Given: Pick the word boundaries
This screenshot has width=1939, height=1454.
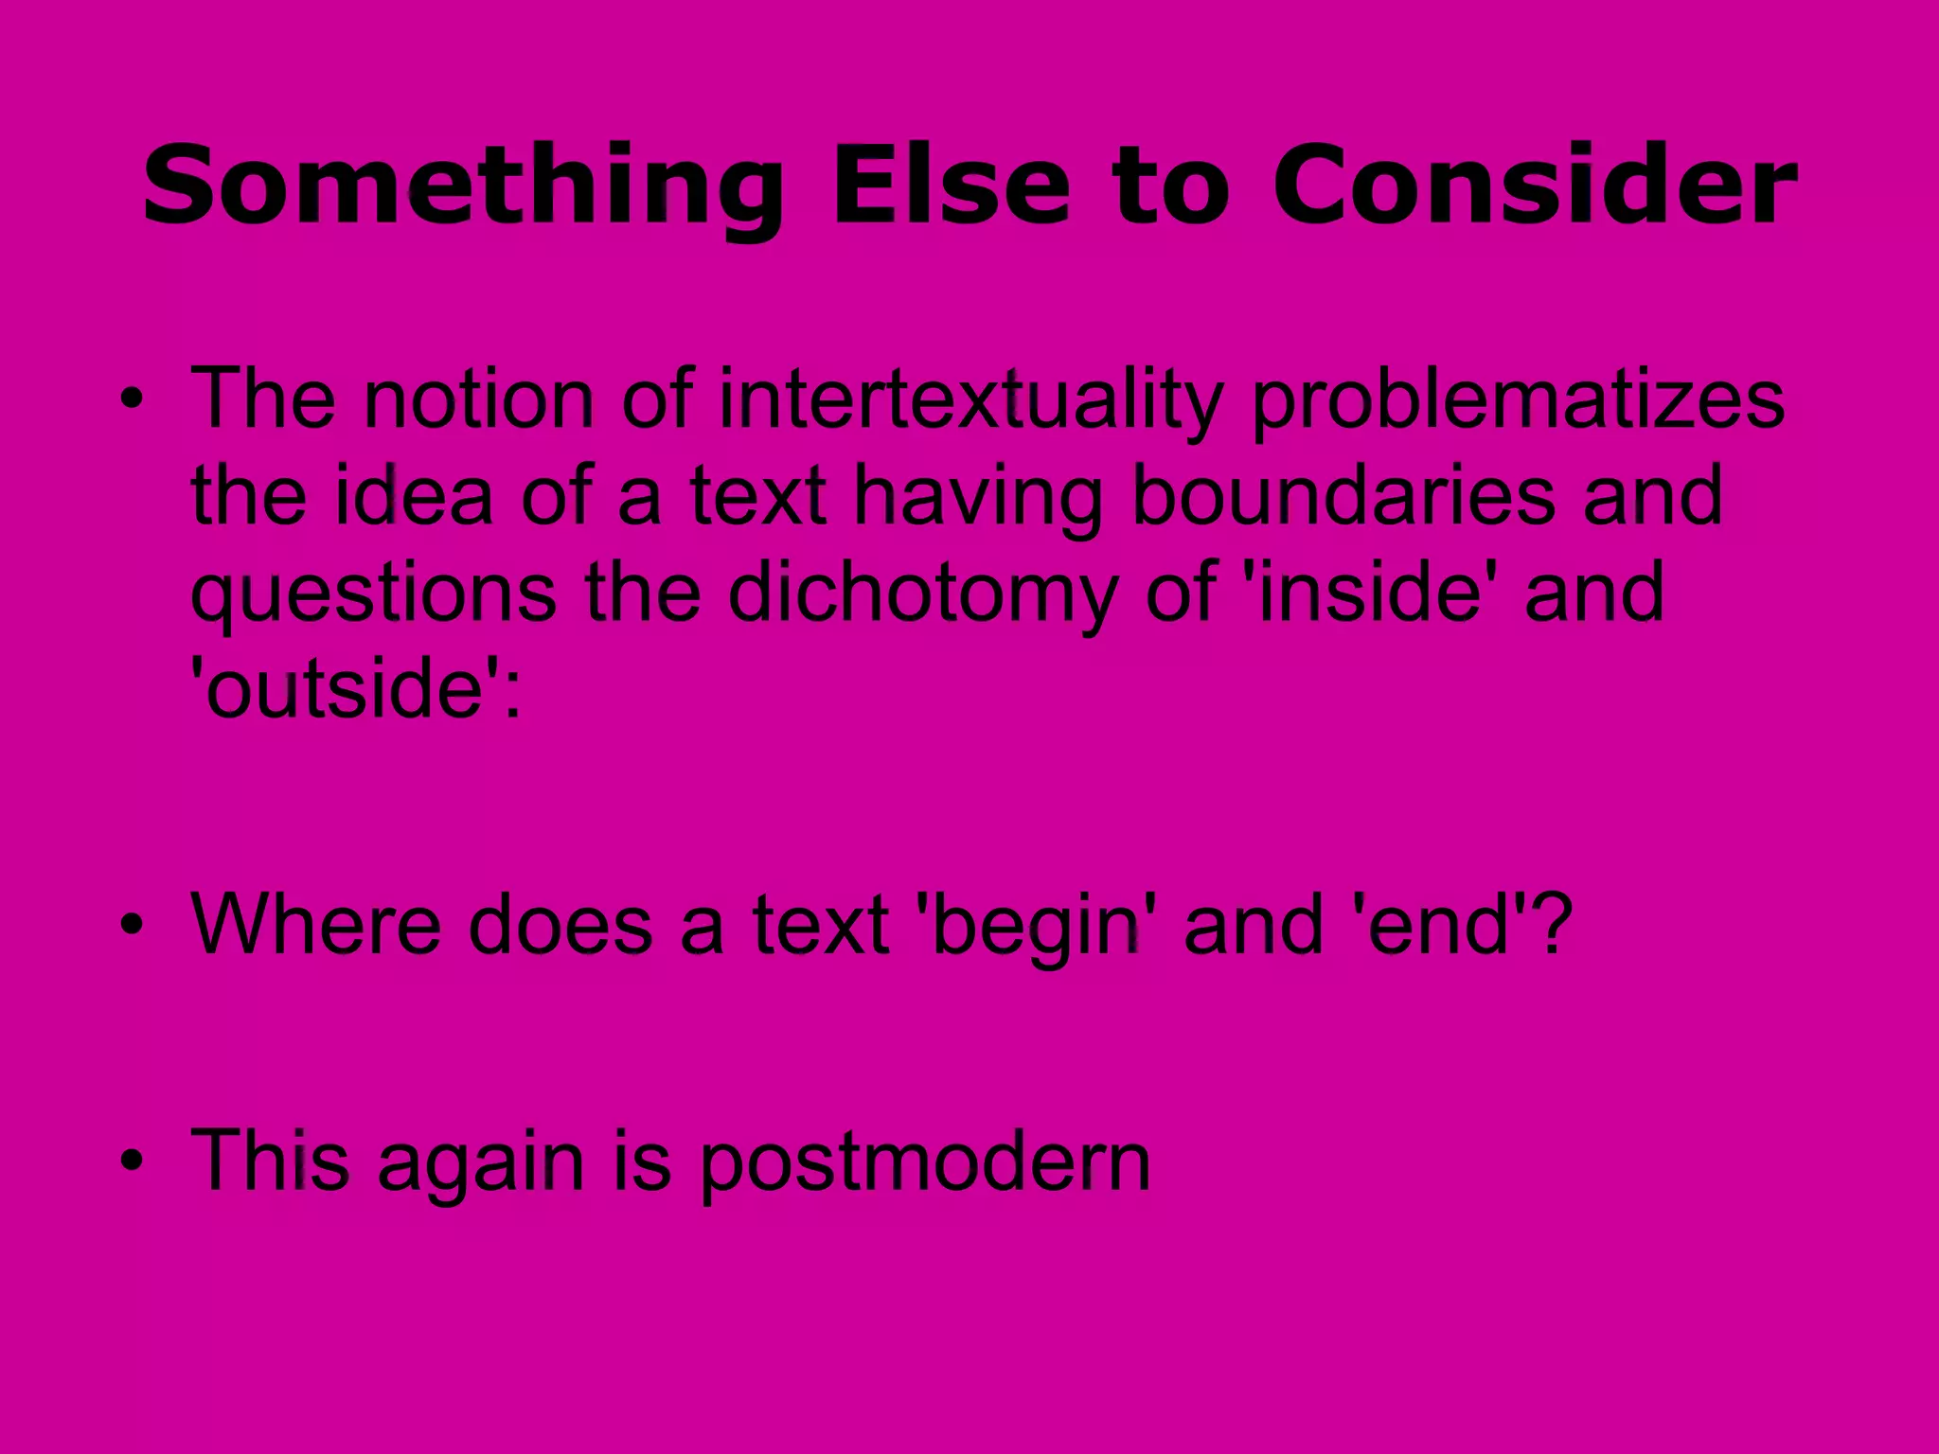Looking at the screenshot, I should [x=1343, y=497].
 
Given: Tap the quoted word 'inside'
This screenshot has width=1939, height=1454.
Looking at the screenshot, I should [x=1368, y=592].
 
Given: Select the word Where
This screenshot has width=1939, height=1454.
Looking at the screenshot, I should [x=316, y=924].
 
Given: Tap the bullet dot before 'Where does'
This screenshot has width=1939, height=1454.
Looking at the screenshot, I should [x=132, y=924].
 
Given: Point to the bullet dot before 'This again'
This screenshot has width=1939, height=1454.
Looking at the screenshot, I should [x=132, y=1161].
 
